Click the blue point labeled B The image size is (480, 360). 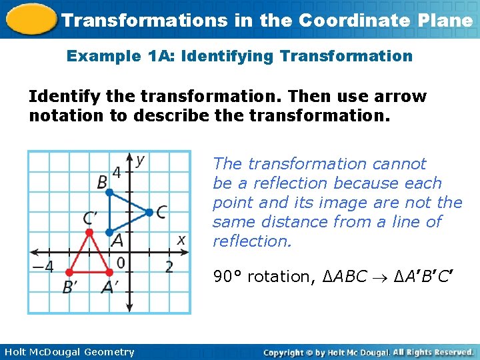pyautogui.click(x=109, y=193)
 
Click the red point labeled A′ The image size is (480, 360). pyautogui.click(x=109, y=272)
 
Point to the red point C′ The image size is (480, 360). pyautogui.click(x=89, y=233)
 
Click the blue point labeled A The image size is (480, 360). pyautogui.click(x=109, y=233)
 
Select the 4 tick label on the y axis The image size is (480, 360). pyautogui.click(x=117, y=173)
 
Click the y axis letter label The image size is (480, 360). pyautogui.click(x=141, y=160)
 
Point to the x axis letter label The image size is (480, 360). pyautogui.click(x=181, y=239)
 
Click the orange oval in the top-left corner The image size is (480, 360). pyautogui.click(x=29, y=19)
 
